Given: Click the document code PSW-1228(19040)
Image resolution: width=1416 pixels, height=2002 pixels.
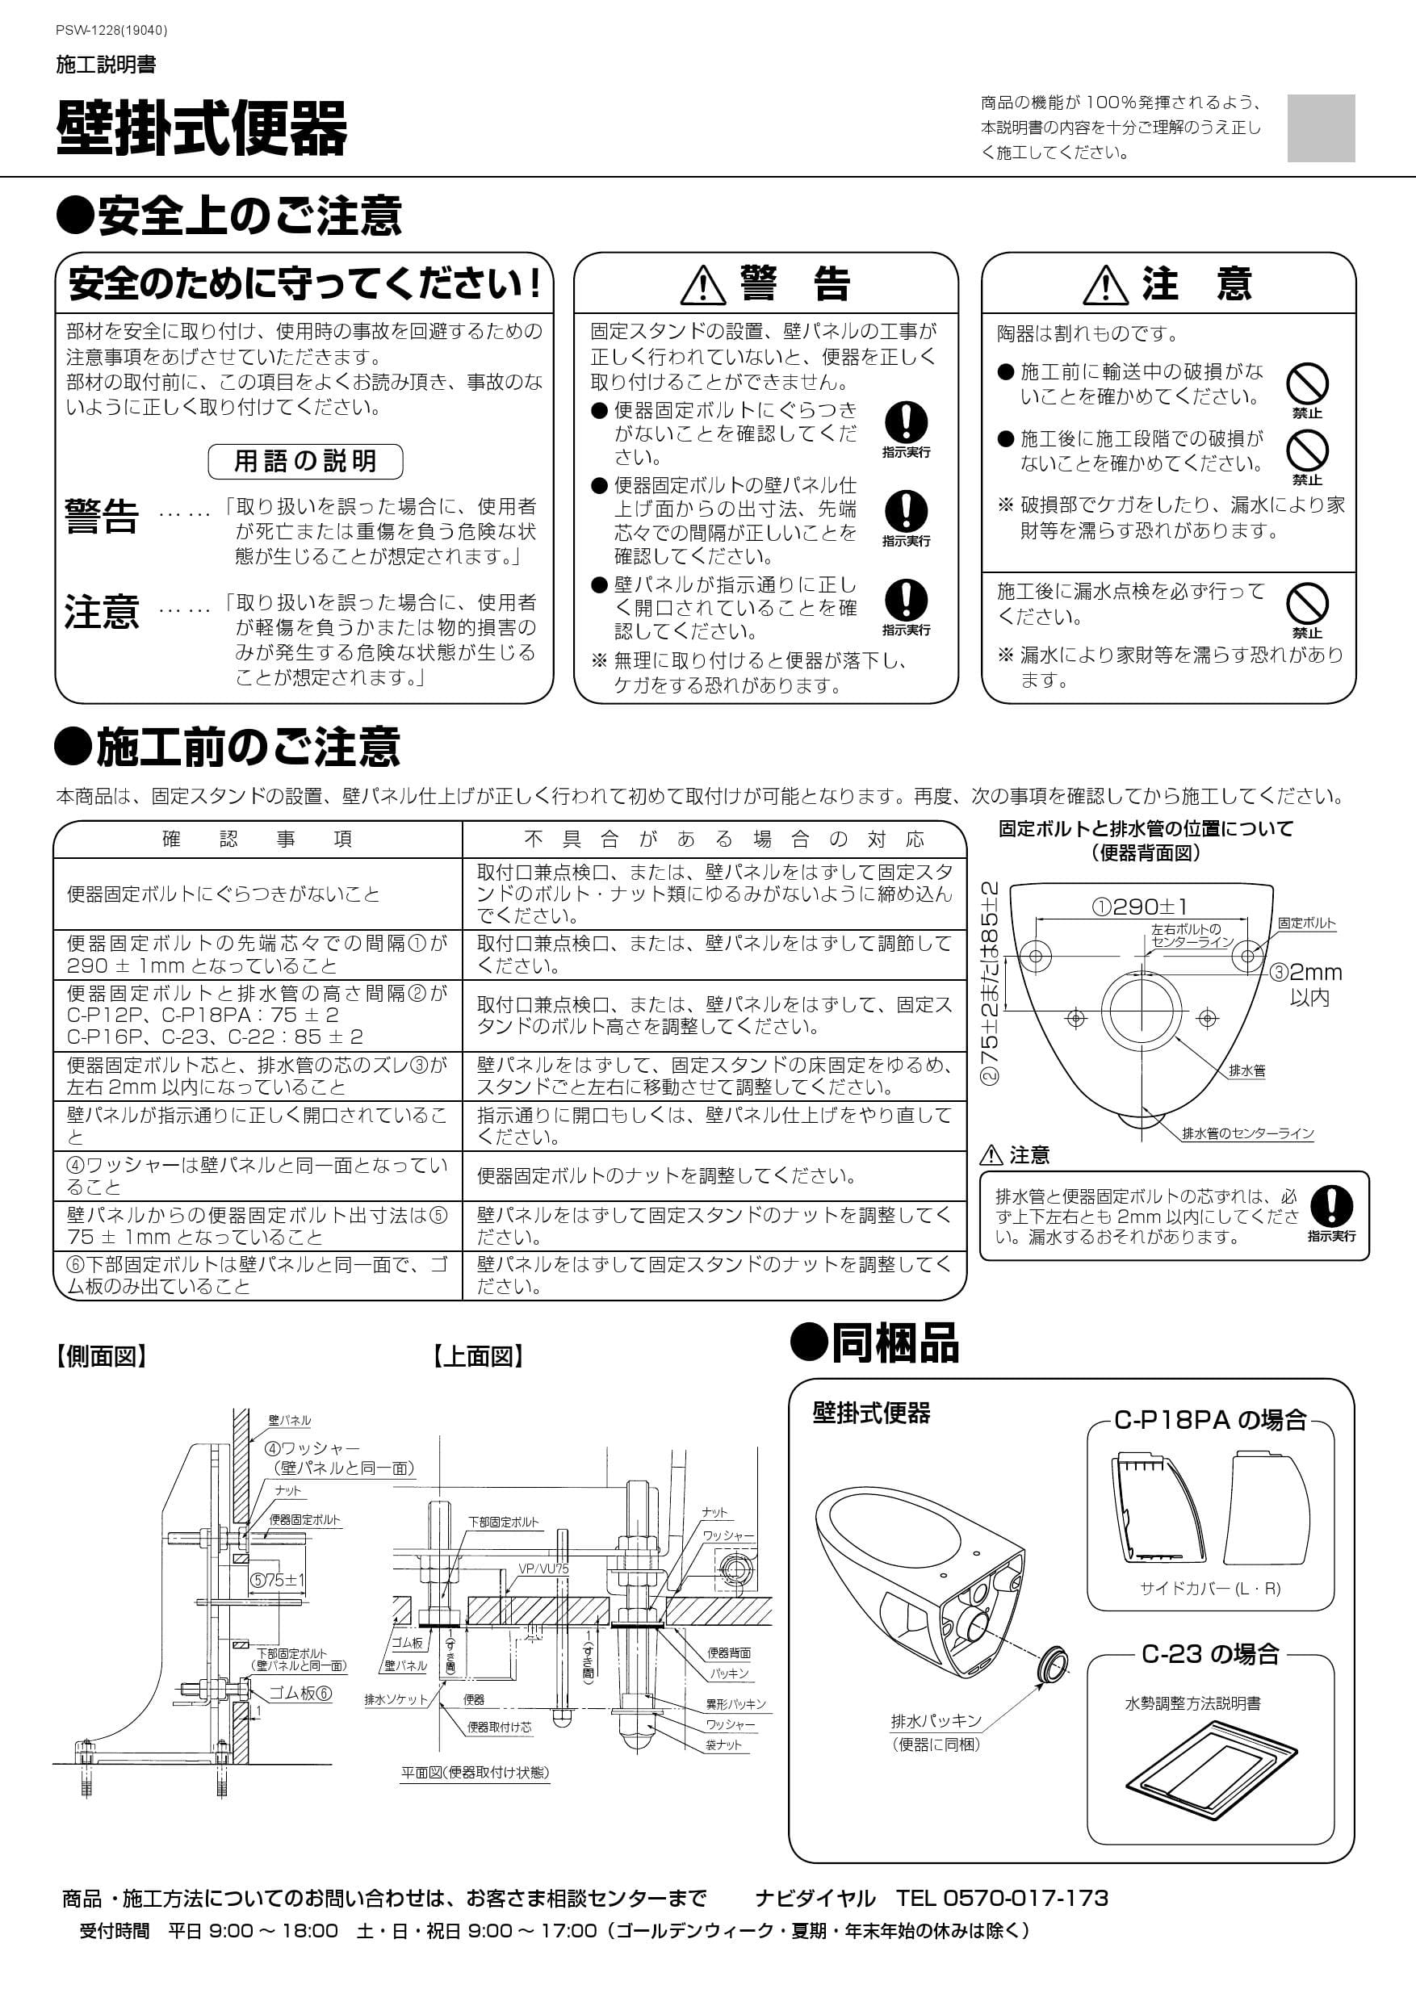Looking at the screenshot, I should tap(111, 31).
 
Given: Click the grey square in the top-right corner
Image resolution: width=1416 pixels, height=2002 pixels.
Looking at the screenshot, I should tap(1320, 128).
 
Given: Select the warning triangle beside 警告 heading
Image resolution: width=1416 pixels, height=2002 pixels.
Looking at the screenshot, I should tap(703, 285).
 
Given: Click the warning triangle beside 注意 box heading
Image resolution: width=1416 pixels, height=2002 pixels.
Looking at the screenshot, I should tap(1106, 285).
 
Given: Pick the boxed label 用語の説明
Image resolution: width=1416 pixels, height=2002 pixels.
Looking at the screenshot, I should tap(305, 461).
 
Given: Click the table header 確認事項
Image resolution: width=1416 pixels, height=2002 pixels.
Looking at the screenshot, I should tap(258, 839).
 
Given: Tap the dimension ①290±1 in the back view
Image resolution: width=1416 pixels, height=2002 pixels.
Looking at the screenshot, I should tap(1139, 907).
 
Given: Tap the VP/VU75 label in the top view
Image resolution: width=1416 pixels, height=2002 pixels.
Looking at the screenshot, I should tap(543, 1569).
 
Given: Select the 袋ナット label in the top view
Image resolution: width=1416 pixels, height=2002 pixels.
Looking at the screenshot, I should tap(723, 1744).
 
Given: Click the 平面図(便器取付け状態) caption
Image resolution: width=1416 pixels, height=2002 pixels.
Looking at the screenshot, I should tap(475, 1772).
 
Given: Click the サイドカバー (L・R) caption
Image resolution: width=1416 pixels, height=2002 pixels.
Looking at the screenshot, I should tap(1210, 1588).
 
